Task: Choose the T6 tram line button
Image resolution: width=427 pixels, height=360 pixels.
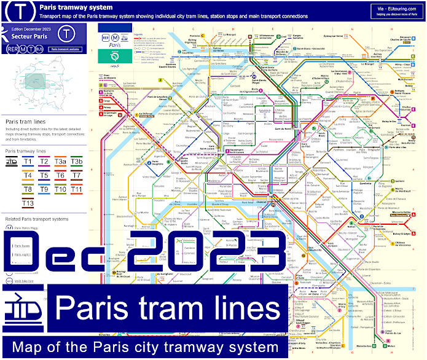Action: click(60, 176)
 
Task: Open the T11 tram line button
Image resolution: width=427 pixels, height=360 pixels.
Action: click(76, 189)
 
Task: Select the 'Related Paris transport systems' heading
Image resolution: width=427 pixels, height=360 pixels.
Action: click(37, 219)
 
